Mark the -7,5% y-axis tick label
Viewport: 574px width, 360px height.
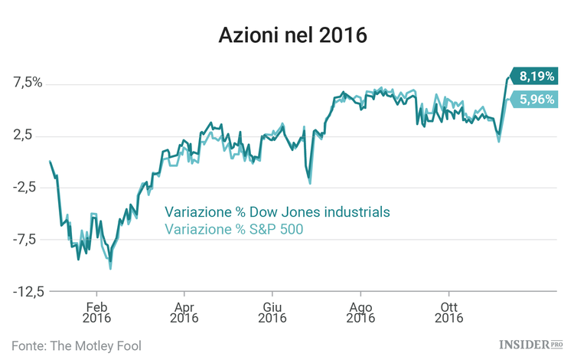click(28, 240)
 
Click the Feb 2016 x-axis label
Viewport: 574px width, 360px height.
click(96, 311)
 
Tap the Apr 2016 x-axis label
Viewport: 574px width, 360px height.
click(184, 311)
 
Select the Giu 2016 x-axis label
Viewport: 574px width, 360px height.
click(272, 311)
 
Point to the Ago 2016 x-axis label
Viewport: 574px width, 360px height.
click(360, 311)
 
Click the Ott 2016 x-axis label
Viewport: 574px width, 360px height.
click(448, 311)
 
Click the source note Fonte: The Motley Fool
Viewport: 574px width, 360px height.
click(77, 345)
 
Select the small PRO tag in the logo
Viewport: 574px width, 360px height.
click(558, 345)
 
